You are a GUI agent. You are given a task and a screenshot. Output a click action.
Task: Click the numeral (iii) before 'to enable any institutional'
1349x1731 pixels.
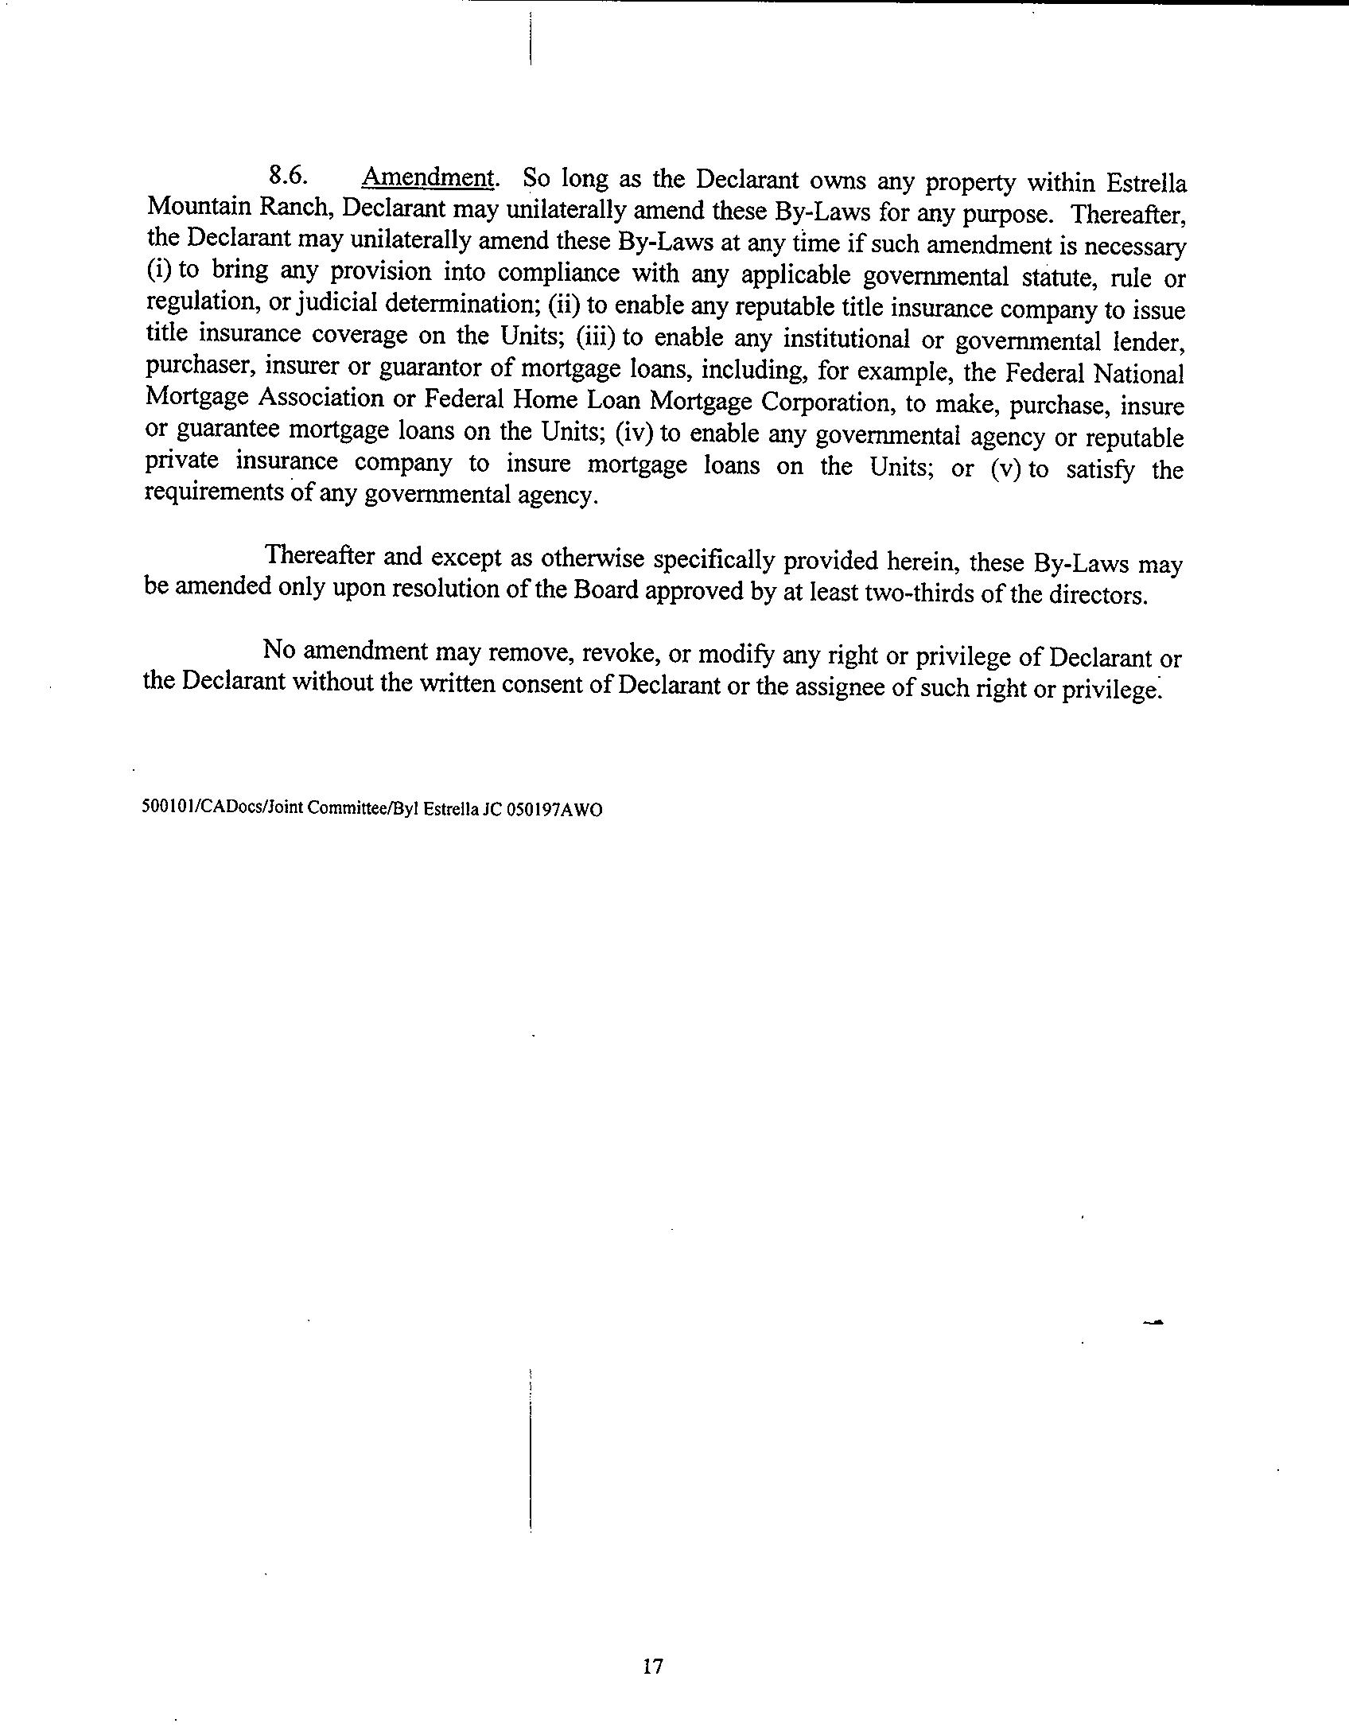click(x=598, y=337)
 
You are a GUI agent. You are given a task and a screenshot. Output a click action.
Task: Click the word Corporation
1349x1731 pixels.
click(x=830, y=403)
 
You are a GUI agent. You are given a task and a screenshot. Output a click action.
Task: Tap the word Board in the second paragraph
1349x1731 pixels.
click(x=605, y=592)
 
